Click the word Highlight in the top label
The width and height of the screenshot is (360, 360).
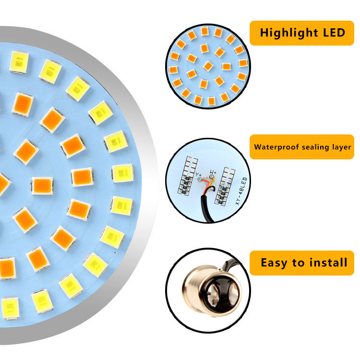[x=285, y=33]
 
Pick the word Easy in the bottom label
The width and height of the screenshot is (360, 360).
[x=274, y=263]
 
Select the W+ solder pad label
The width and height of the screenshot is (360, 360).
[x=214, y=173]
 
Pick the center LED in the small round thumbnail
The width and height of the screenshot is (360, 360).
[x=208, y=66]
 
